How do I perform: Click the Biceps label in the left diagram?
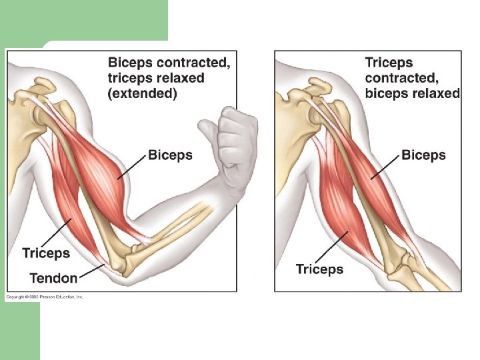coord(170,155)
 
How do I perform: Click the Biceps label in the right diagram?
coord(423,155)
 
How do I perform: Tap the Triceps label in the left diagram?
coord(46,253)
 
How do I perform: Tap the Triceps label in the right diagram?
coord(319,269)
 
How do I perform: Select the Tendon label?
coord(53,277)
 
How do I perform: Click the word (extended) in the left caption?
coord(142,93)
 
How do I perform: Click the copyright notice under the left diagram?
coord(45,297)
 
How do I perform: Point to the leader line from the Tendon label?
coord(91,271)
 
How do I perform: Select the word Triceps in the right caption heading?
coord(389,63)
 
